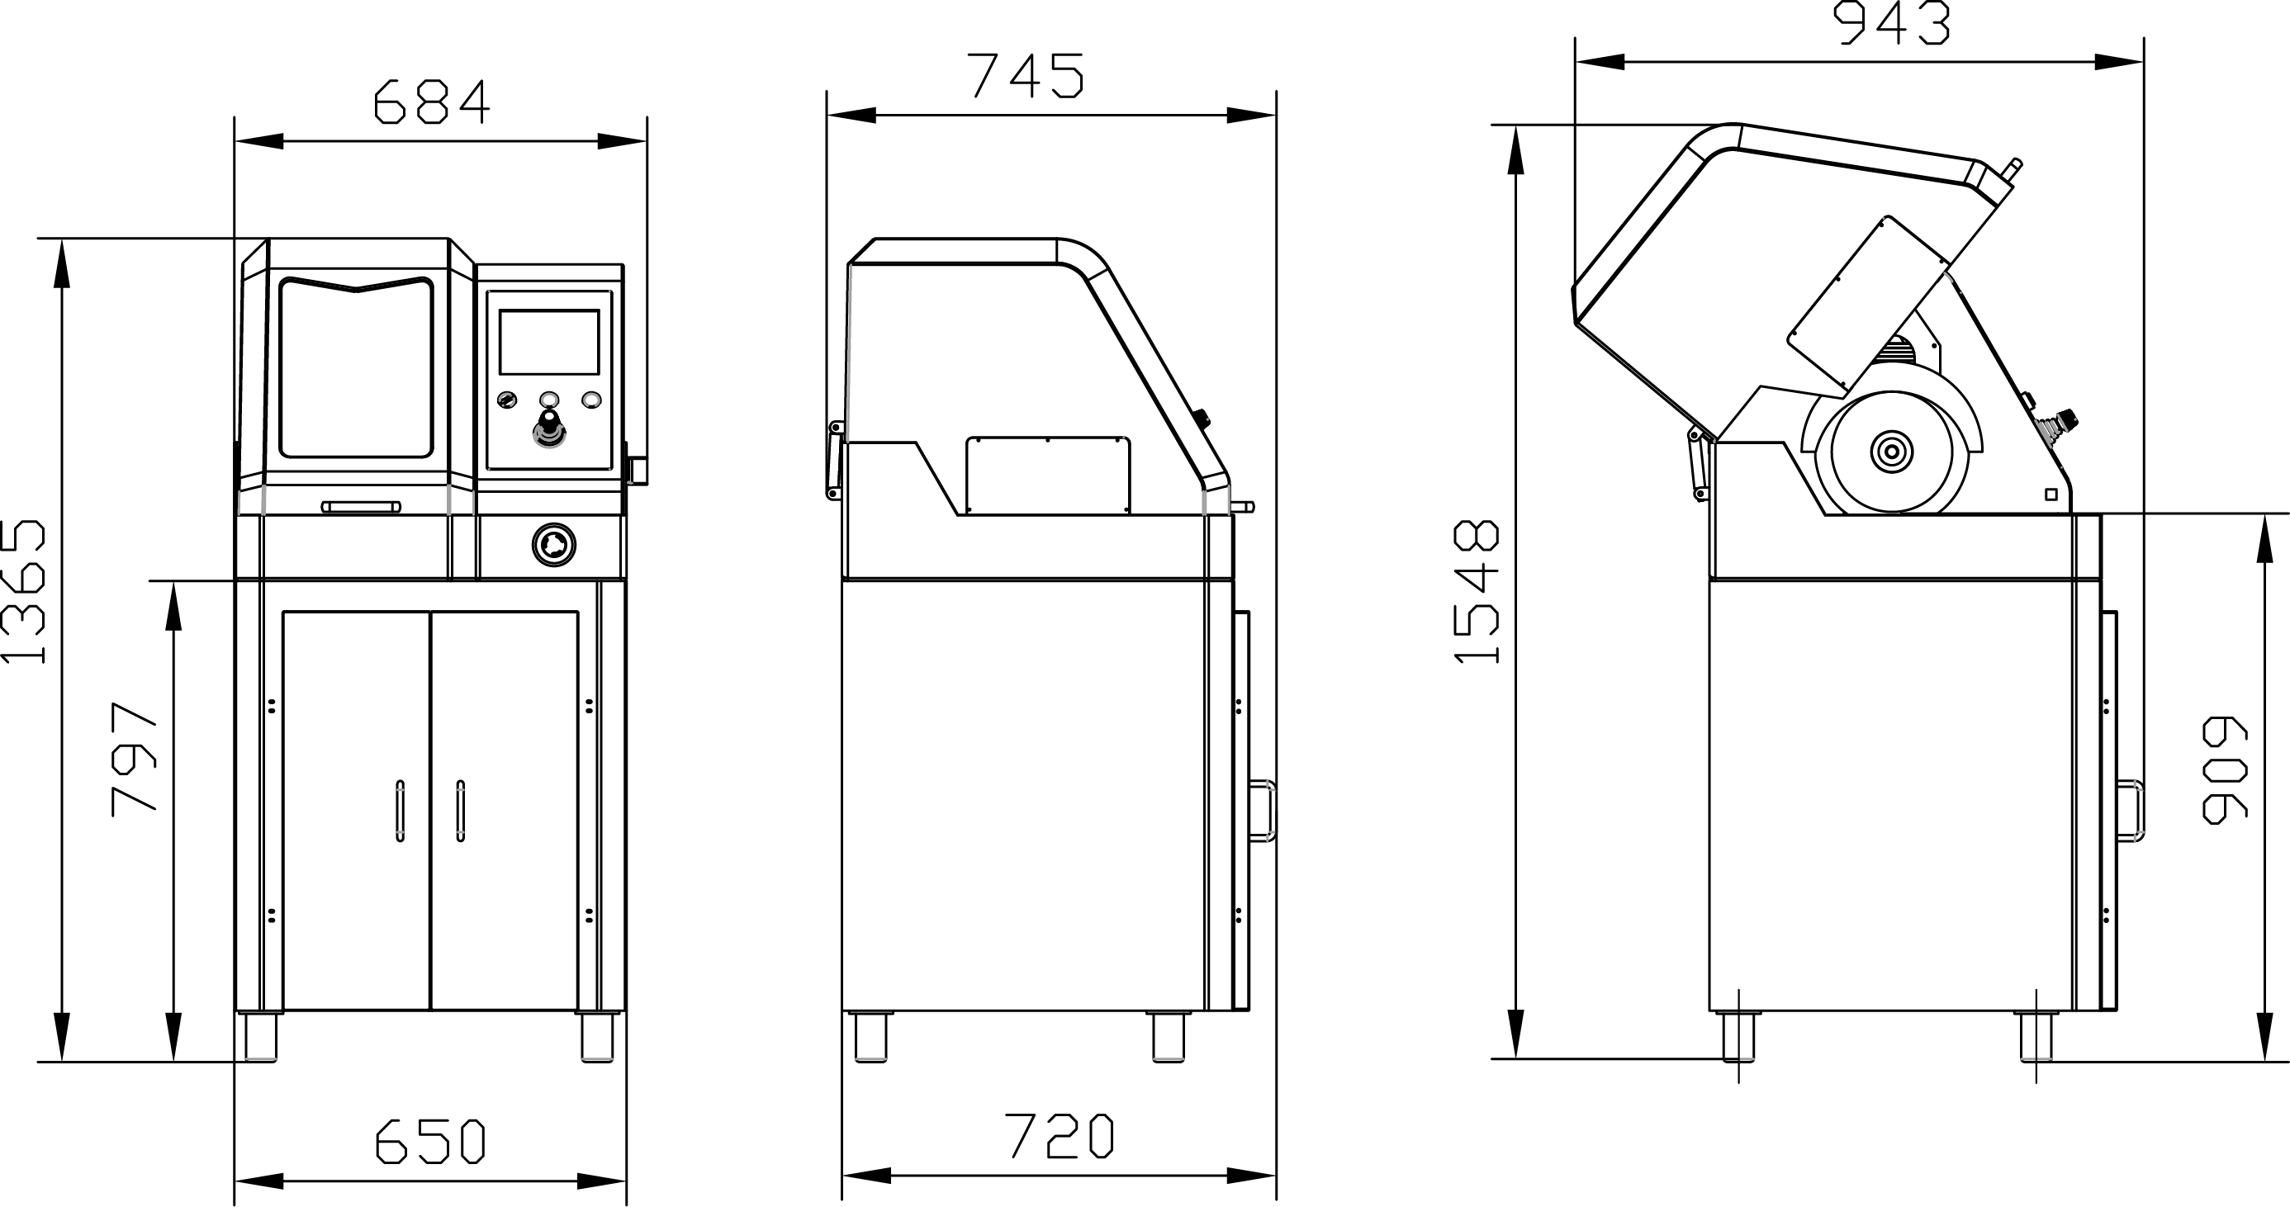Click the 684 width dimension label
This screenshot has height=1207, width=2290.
point(432,102)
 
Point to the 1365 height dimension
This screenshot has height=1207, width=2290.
point(23,593)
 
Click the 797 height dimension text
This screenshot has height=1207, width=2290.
point(135,758)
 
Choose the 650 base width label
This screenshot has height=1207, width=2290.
point(430,1140)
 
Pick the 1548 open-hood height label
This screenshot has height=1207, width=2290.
point(1477,592)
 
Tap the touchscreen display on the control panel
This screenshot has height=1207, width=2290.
point(548,342)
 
